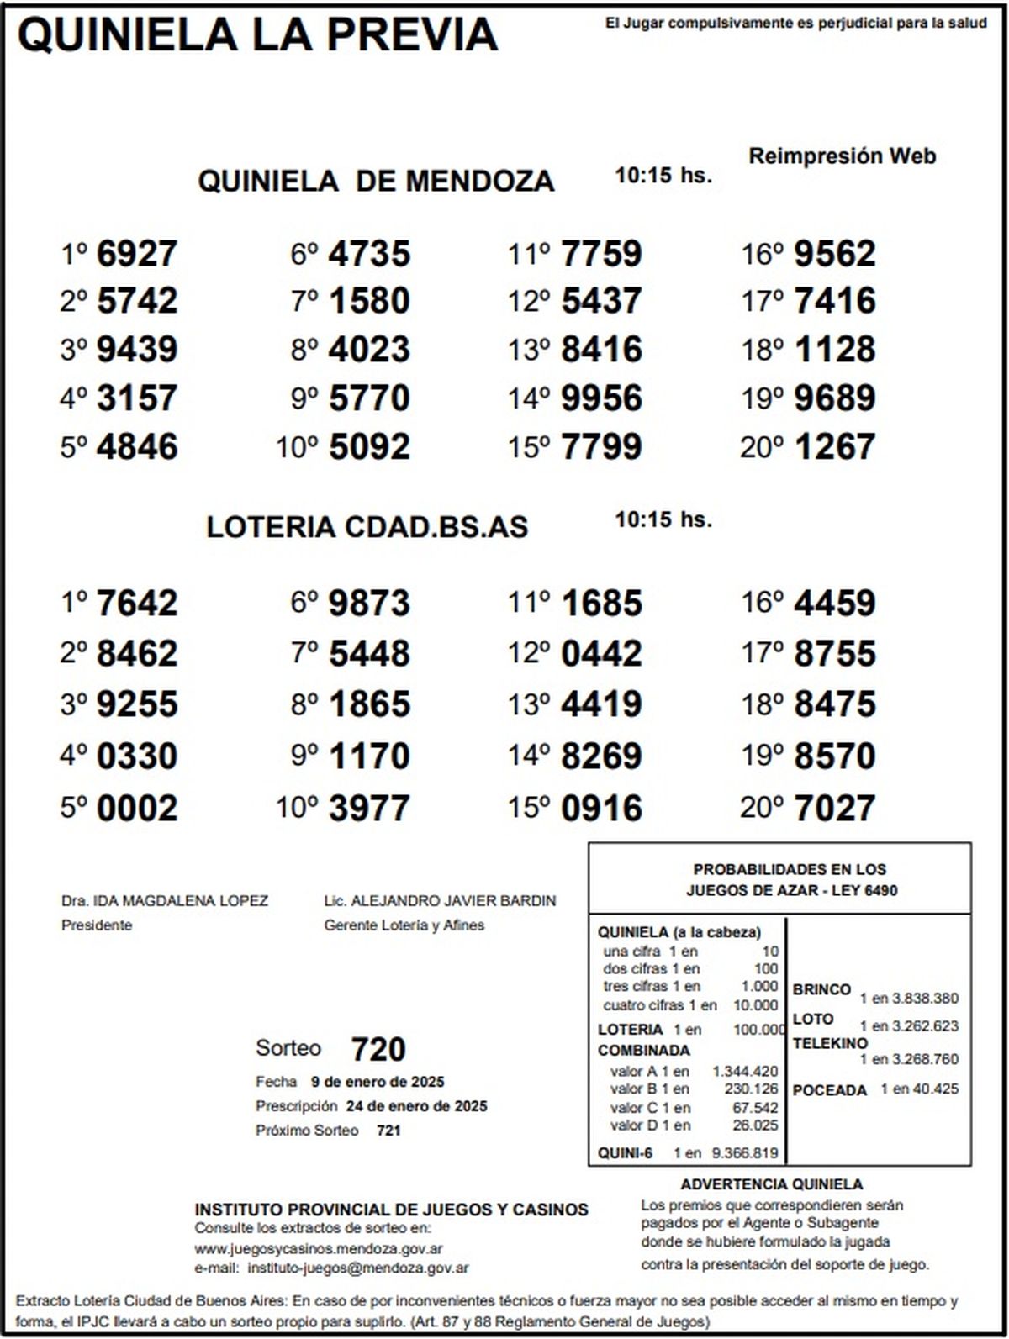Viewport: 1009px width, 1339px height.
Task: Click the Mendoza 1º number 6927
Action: point(137,254)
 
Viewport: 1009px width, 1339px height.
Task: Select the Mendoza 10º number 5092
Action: point(369,447)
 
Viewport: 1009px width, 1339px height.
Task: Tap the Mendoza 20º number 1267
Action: point(834,447)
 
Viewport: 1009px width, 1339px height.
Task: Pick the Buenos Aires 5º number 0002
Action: point(137,808)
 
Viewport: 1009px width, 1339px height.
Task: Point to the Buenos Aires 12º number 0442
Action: point(600,654)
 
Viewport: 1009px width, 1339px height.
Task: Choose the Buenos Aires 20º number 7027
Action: point(834,808)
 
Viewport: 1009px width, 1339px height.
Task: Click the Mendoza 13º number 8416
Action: point(600,350)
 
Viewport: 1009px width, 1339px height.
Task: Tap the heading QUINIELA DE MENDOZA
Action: point(376,181)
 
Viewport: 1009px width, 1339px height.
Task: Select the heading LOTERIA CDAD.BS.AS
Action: point(367,527)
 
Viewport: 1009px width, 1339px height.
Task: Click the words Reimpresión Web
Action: point(842,156)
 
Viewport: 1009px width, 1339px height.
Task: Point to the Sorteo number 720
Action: point(378,1049)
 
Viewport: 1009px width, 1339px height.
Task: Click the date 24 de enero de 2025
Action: point(416,1106)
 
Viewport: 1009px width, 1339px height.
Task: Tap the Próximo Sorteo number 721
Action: point(388,1131)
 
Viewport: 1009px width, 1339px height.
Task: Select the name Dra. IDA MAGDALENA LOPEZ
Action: point(165,901)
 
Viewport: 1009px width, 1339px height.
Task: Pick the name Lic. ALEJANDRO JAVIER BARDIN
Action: point(440,901)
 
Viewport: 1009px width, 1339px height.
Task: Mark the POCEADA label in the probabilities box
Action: point(829,1090)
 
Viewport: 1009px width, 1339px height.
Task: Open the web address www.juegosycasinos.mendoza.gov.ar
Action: point(319,1249)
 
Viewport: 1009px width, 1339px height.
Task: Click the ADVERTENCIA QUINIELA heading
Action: point(771,1184)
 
